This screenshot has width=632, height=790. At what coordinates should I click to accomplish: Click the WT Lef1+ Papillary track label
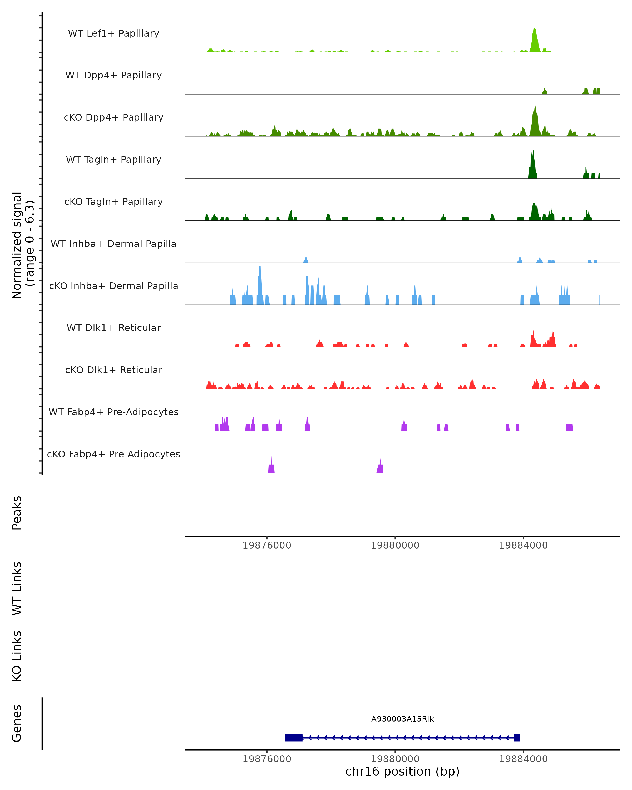coord(113,33)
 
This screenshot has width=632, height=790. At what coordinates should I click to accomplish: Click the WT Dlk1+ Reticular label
coord(113,328)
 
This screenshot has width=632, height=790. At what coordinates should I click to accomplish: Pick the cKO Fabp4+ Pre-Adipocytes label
coord(113,454)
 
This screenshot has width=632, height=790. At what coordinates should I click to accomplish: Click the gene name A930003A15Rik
coord(402,719)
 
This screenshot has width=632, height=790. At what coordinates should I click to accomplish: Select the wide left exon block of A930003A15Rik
coord(294,738)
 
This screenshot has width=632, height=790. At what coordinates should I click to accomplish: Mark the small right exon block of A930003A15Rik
coord(517,738)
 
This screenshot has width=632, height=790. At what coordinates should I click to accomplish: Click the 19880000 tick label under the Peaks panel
coord(395,545)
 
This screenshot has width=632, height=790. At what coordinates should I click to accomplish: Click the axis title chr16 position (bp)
coord(402,772)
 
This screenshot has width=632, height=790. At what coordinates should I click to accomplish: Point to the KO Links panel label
coord(17,656)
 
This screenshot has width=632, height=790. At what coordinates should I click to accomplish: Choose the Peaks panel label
coord(17,513)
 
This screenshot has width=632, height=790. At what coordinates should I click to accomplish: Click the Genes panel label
coord(17,723)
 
